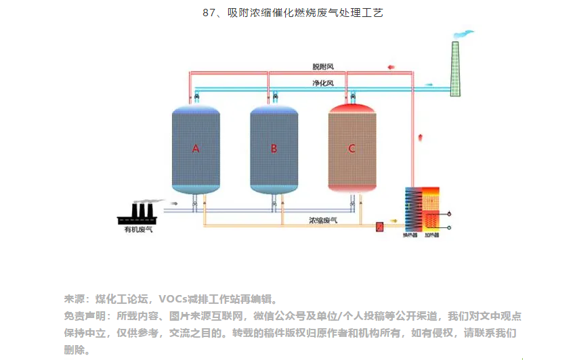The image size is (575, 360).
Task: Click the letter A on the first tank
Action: [196, 148]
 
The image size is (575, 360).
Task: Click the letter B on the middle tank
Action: [274, 148]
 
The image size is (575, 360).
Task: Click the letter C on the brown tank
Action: [352, 148]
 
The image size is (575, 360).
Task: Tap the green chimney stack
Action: [455, 68]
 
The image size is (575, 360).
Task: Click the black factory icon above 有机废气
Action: [138, 214]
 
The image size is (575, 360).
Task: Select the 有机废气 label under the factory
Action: [138, 230]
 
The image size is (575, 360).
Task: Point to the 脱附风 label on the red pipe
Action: [322, 67]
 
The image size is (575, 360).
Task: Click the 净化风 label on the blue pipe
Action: [322, 83]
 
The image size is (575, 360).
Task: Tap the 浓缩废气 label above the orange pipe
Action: [323, 220]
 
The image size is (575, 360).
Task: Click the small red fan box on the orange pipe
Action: [380, 226]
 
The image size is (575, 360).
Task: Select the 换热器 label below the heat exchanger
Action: [410, 235]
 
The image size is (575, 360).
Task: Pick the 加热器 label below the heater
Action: [431, 235]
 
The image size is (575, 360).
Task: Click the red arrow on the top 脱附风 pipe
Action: [391, 67]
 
